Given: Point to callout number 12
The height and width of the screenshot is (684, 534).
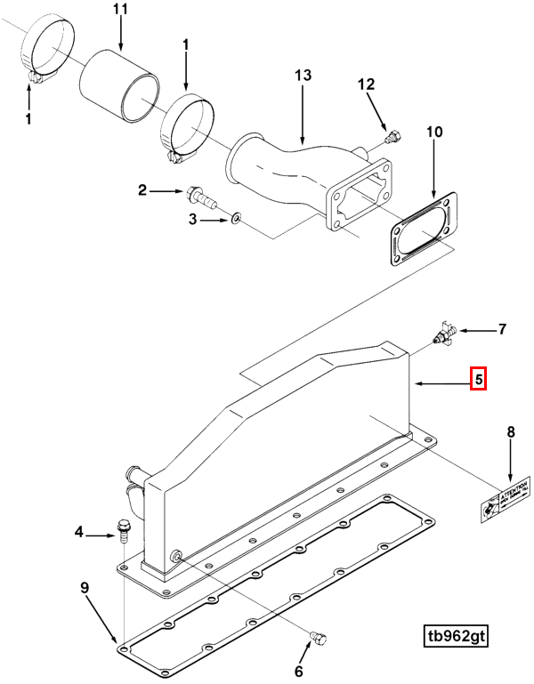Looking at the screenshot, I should pyautogui.click(x=368, y=84).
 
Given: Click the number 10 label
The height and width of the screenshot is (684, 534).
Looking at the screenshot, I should pyautogui.click(x=433, y=133).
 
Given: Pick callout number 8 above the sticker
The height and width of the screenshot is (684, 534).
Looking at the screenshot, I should pyautogui.click(x=510, y=433).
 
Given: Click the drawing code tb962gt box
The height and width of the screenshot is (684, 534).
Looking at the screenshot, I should pyautogui.click(x=457, y=637).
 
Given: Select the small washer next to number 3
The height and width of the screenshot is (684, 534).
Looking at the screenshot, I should pyautogui.click(x=235, y=217).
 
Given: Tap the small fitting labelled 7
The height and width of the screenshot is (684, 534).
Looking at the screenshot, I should pyautogui.click(x=442, y=334).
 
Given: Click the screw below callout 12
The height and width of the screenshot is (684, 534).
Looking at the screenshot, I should pyautogui.click(x=392, y=138).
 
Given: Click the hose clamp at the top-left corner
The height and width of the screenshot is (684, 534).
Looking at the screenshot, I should pyautogui.click(x=45, y=52).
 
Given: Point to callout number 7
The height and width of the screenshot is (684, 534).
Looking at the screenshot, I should pyautogui.click(x=502, y=330).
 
